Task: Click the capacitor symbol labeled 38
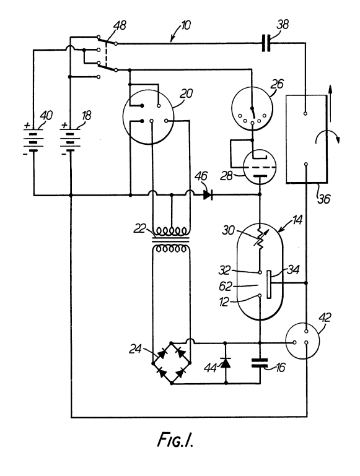point(266,43)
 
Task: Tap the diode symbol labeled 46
point(208,194)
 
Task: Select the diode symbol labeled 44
point(226,363)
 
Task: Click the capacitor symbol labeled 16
point(260,363)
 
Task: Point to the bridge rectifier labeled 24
point(172,363)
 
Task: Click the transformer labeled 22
point(172,240)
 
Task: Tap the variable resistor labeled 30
point(260,239)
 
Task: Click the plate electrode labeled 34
point(269,285)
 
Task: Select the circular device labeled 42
point(303,341)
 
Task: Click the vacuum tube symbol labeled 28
point(260,167)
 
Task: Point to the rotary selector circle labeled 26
point(252,109)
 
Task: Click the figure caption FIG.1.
point(175,439)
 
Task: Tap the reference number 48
point(120,25)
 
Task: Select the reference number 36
point(324,199)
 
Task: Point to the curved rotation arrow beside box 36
point(328,137)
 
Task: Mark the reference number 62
point(225,286)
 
